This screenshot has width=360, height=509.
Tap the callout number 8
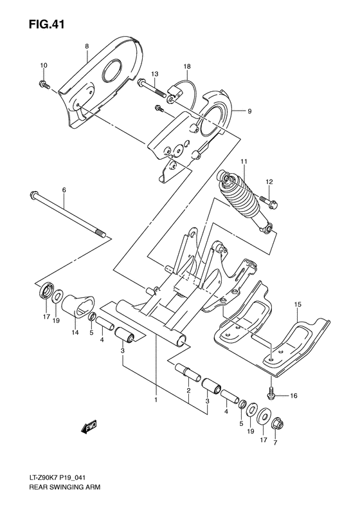[85, 47]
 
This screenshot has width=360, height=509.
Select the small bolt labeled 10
[44, 84]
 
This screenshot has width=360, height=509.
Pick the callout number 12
[270, 181]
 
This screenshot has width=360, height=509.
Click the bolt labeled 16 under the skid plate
[272, 391]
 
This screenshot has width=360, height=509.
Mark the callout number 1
[156, 400]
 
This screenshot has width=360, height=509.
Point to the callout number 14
[75, 332]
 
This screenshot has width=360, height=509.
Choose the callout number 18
[186, 66]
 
